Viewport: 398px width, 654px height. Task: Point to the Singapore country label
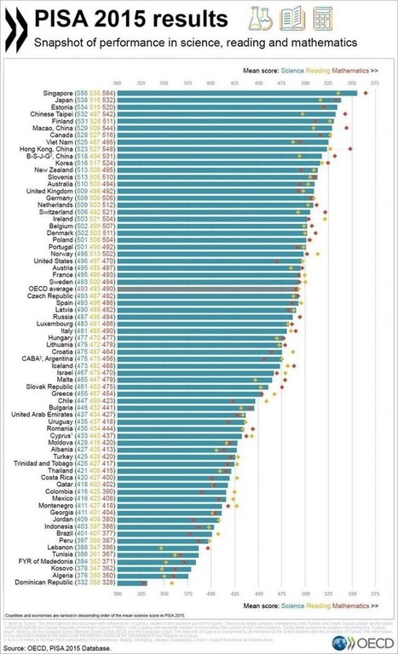pos(54,92)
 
